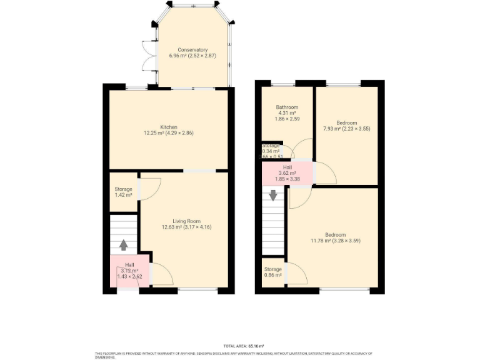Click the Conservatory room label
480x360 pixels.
[x=192, y=50]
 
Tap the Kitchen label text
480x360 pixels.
[x=169, y=127]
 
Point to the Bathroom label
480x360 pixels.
[x=287, y=107]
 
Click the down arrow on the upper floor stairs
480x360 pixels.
[x=273, y=196]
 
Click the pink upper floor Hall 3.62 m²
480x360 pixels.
[x=288, y=174]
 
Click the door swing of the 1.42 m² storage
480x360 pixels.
[x=150, y=189]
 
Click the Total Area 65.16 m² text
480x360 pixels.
[x=243, y=346]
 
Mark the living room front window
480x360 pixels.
[x=198, y=290]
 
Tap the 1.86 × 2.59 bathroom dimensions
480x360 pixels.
[x=287, y=119]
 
